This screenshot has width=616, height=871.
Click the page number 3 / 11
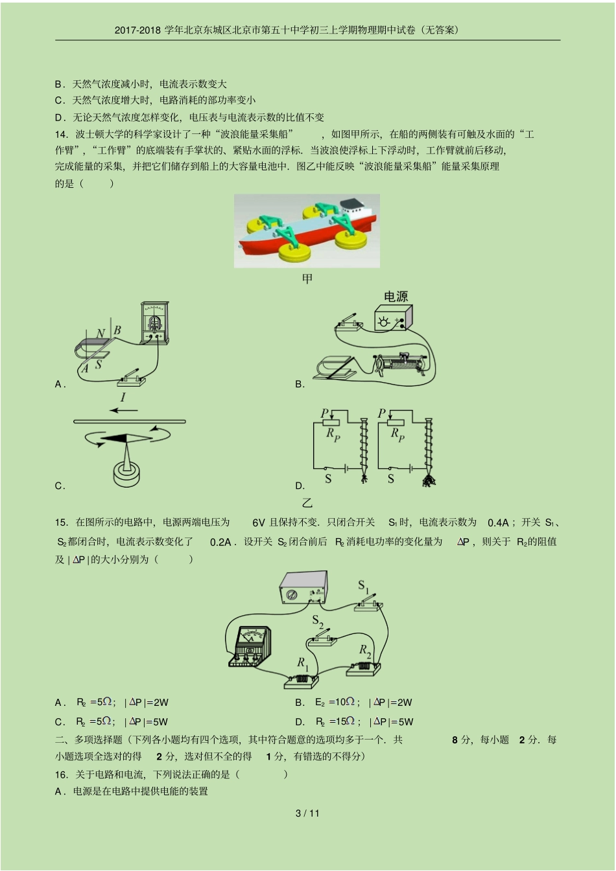tap(307, 813)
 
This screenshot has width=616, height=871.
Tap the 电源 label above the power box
tap(396, 297)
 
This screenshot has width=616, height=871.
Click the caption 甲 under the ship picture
tap(307, 278)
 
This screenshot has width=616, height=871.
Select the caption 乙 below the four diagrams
tap(307, 502)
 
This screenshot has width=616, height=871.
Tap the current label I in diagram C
tap(123, 397)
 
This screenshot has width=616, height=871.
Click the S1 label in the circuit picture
tap(364, 586)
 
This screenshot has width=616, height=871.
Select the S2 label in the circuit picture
tap(318, 622)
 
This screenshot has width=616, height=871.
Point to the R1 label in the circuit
tap(303, 663)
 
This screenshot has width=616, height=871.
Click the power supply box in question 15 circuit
tap(303, 587)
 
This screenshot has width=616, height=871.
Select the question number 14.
tap(62, 134)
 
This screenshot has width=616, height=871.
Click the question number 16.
tap(62, 774)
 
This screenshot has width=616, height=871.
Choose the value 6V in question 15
tap(259, 523)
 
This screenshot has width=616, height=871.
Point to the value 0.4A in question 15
tap(498, 523)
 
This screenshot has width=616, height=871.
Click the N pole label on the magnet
tap(101, 334)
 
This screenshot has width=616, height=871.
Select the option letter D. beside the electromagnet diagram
tap(300, 486)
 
